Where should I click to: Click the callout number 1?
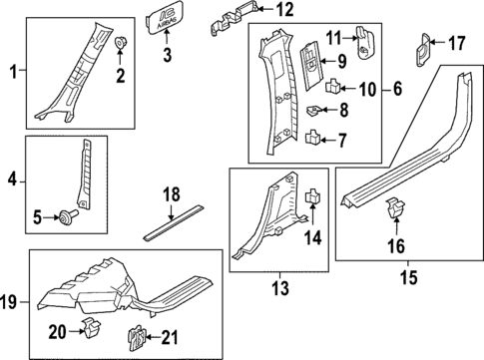[x=12, y=71]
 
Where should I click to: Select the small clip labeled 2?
[x=120, y=43]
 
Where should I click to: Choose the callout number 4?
[x=12, y=180]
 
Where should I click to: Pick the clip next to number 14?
[x=312, y=196]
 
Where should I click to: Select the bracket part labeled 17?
[x=425, y=46]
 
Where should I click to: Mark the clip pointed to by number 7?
[x=312, y=136]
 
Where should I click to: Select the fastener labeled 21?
[x=134, y=335]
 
